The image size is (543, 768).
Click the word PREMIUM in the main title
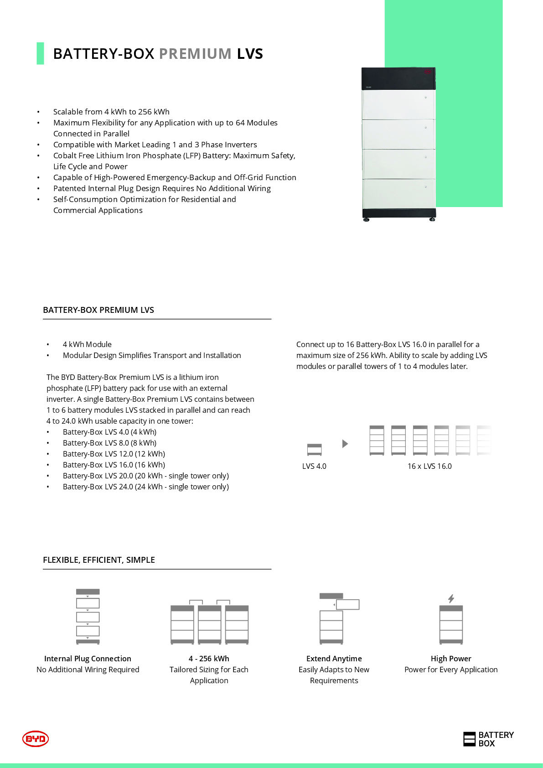point(195,54)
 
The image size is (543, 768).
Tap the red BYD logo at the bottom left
point(36,738)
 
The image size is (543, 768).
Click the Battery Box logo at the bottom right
point(488,739)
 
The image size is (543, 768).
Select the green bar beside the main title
point(40,53)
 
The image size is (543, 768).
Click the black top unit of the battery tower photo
point(398,78)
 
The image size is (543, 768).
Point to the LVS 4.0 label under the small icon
point(314,466)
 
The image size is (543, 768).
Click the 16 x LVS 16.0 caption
point(429,466)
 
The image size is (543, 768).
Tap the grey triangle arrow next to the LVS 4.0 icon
point(345,444)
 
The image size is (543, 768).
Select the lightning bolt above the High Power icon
point(451,598)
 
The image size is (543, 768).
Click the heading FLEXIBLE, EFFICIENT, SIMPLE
point(99,560)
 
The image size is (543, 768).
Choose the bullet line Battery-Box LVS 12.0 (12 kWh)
point(114,454)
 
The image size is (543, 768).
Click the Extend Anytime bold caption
point(334,659)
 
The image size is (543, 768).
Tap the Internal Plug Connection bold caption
point(88,659)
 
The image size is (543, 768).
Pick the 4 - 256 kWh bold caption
point(209,659)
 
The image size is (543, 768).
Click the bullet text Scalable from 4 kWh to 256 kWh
point(111,112)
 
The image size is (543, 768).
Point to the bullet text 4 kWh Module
point(87,344)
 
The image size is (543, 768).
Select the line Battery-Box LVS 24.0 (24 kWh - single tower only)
point(146,487)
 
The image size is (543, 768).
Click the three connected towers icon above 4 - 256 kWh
point(209,623)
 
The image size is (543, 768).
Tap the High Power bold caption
point(451,659)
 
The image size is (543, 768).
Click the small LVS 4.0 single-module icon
point(314,450)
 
